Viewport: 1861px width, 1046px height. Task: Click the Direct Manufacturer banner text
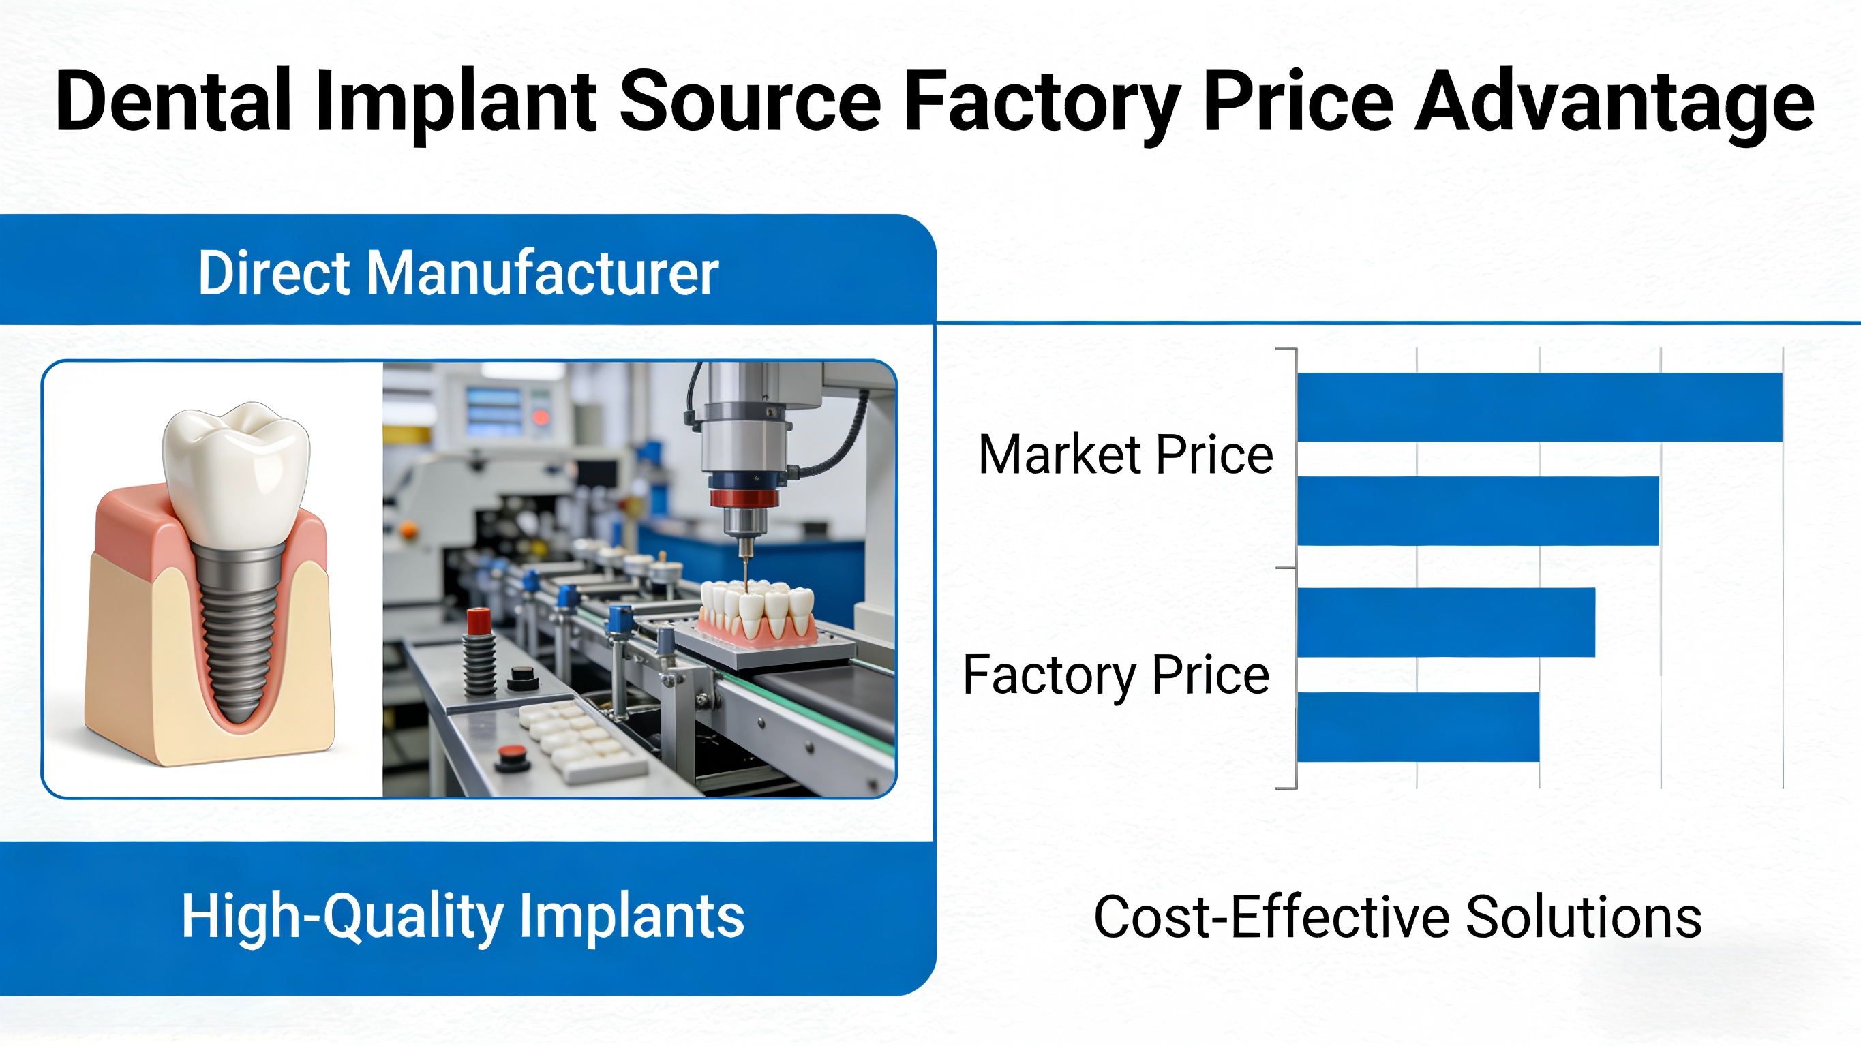click(x=458, y=273)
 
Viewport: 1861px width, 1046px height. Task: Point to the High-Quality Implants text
click(x=462, y=916)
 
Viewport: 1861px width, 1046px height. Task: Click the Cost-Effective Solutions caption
click(x=1397, y=917)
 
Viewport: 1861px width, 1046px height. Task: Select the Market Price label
click(x=1125, y=455)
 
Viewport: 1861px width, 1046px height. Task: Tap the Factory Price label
click(x=1116, y=675)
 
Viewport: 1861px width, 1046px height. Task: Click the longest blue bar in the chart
click(x=1539, y=407)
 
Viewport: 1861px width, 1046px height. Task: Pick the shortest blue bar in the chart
click(x=1417, y=726)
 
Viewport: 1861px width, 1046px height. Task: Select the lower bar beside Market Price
click(x=1477, y=510)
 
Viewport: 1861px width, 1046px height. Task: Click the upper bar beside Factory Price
click(x=1446, y=622)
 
